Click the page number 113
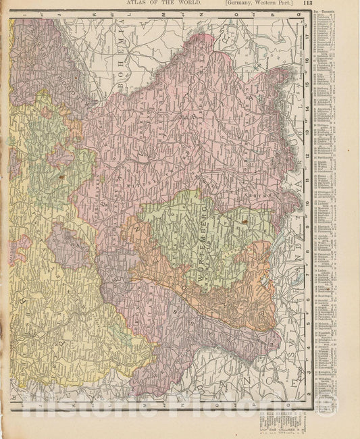pyautogui.click(x=345, y=4)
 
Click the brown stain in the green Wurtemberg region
pyautogui.click(x=244, y=220)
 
